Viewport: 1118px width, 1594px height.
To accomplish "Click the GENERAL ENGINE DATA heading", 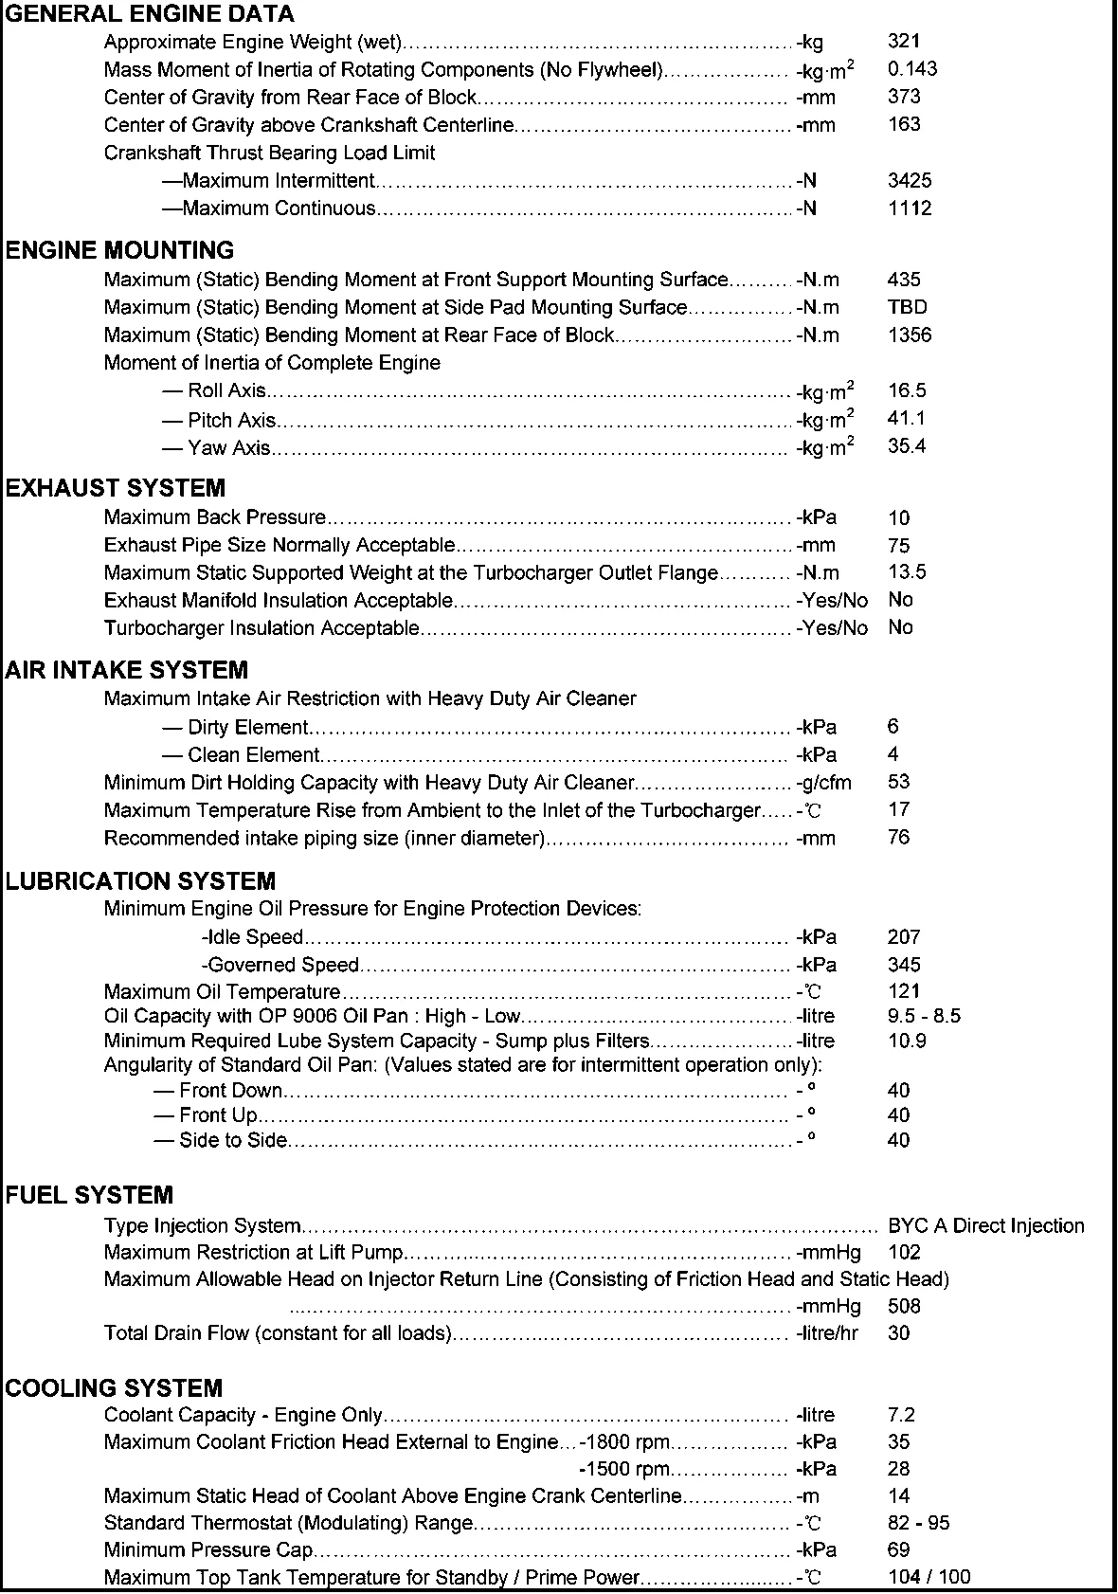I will (x=150, y=14).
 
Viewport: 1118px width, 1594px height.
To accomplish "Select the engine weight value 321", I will (x=904, y=41).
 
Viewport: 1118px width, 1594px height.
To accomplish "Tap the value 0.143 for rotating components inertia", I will (x=912, y=68).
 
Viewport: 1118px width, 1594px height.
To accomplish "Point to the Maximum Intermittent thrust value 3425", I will (x=910, y=180).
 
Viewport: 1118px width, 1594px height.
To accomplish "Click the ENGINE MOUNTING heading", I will (x=119, y=250).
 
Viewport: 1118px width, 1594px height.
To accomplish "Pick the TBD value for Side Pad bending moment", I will (x=907, y=307).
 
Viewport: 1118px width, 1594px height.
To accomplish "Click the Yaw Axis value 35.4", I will (x=907, y=446).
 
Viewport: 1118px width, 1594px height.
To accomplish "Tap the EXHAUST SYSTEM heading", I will (x=116, y=488).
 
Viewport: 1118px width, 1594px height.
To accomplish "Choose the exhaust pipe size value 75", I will (x=899, y=545).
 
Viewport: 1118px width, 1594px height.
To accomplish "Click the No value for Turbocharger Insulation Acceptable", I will (x=900, y=627).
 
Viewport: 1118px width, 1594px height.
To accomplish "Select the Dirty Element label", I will (x=247, y=728).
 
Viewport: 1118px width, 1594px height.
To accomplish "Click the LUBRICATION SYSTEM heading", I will (x=140, y=881).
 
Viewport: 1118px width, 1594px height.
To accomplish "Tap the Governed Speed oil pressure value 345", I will (x=904, y=965).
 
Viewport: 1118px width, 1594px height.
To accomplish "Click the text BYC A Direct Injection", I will (x=985, y=1225).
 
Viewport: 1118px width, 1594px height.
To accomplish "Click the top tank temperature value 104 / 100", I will (x=929, y=1577).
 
